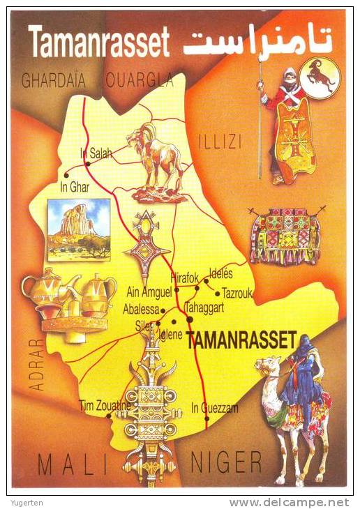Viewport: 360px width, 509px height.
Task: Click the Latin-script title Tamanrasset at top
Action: pyautogui.click(x=98, y=43)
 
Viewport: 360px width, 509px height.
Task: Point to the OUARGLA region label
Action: pyautogui.click(x=140, y=81)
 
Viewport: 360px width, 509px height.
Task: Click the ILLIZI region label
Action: pyautogui.click(x=220, y=142)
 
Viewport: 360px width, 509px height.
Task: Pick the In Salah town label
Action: pyautogui.click(x=96, y=154)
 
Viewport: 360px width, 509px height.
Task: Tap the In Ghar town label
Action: pyautogui.click(x=75, y=187)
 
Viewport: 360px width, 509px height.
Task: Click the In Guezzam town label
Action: pyautogui.click(x=214, y=407)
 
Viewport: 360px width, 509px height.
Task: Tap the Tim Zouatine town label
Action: pyautogui.click(x=105, y=405)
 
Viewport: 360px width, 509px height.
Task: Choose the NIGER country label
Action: pyautogui.click(x=226, y=462)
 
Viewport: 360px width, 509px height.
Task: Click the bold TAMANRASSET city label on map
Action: pyautogui.click(x=241, y=339)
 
